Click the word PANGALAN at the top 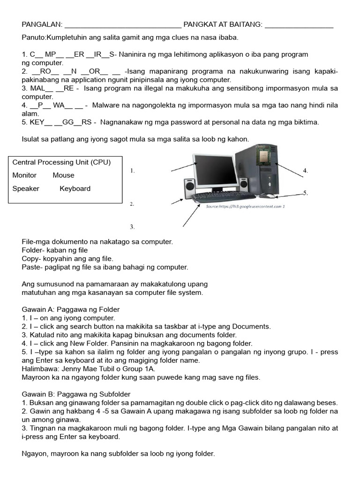41,24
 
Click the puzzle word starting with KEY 57,122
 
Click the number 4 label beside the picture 305,171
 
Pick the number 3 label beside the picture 132,227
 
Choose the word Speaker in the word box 26,188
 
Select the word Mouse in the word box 63,175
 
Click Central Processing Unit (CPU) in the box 61,162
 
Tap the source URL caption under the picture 245,206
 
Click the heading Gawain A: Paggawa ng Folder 71,309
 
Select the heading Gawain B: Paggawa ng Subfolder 76,394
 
